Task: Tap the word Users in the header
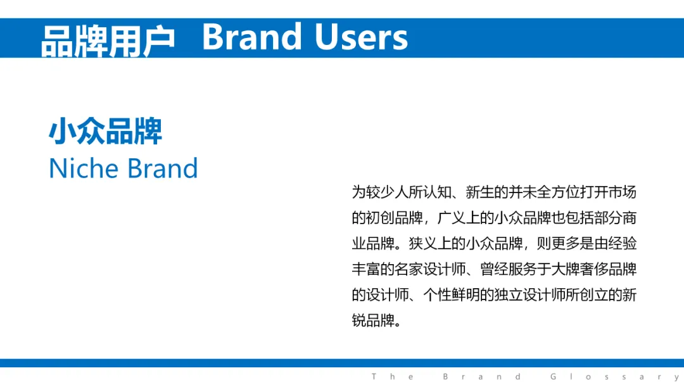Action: click(361, 37)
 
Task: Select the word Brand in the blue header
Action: click(252, 37)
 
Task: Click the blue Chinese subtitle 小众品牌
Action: click(105, 131)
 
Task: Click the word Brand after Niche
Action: click(163, 168)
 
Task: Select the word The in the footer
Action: click(393, 377)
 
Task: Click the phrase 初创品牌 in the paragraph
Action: click(395, 218)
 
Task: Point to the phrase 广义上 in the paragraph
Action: click(459, 218)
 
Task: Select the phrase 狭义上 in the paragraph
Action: click(430, 243)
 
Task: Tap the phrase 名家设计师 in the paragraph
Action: click(430, 269)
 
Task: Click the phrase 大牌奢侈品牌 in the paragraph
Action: click(593, 269)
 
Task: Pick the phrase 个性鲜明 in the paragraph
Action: click(452, 294)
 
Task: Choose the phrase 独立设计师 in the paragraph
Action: click(529, 294)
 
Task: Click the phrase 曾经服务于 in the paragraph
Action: click(516, 269)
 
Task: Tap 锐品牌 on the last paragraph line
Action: click(373, 320)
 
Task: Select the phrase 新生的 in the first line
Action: click(487, 192)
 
